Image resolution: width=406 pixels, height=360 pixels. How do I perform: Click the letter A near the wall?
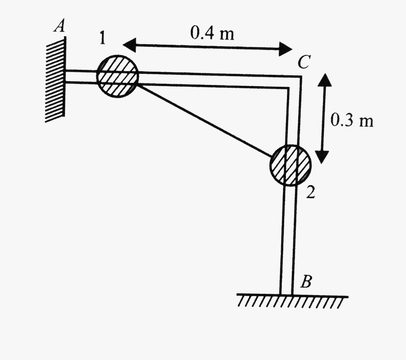(59, 27)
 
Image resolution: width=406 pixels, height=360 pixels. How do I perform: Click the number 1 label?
(103, 39)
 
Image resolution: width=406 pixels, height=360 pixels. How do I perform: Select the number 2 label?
(310, 192)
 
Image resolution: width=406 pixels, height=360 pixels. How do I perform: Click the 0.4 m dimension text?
(212, 33)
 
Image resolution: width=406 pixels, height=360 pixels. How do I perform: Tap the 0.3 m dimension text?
(352, 120)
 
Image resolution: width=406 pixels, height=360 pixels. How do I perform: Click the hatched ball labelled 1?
(118, 76)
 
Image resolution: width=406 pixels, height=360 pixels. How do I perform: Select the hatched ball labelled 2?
(290, 165)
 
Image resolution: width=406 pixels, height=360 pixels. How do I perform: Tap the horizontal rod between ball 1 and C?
(212, 81)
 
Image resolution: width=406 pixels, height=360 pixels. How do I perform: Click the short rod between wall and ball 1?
(81, 76)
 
